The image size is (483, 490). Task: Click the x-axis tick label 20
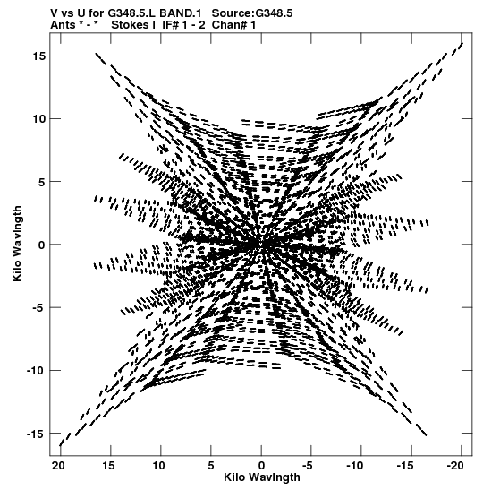point(58,466)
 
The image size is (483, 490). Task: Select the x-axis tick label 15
point(108,466)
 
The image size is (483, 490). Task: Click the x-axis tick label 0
point(261,466)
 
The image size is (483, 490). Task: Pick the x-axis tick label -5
point(308,466)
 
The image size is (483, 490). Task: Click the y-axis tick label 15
point(39,56)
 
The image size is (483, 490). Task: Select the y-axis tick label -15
point(36,434)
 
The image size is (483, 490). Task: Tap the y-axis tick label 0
point(42,245)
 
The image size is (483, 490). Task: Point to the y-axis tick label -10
point(36,371)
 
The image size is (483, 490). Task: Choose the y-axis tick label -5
point(38,308)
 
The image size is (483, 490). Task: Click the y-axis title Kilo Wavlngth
point(17,244)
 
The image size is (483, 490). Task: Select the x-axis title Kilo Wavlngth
point(262,477)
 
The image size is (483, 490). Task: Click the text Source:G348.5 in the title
point(252,13)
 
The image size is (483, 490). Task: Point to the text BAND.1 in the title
point(180,13)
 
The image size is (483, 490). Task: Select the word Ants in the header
point(63,25)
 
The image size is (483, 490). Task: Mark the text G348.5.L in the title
point(131,13)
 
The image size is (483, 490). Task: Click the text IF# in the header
point(170,25)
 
